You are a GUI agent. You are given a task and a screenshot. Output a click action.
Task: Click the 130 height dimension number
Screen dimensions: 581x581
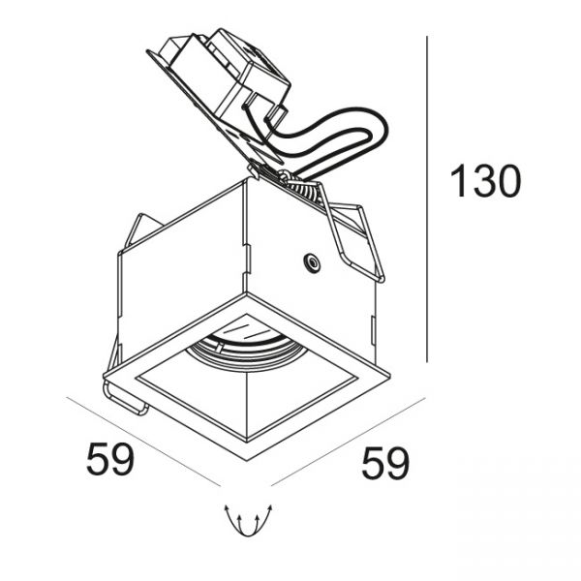pyautogui.click(x=485, y=181)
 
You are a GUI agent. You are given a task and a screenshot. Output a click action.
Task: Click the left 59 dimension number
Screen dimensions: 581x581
pyautogui.click(x=109, y=459)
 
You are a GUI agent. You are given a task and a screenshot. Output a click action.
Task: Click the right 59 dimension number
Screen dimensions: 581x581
pyautogui.click(x=385, y=463)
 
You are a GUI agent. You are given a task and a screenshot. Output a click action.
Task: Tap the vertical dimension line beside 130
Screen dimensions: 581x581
pyautogui.click(x=427, y=199)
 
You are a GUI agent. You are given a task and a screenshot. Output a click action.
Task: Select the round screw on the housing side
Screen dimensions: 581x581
pyautogui.click(x=312, y=262)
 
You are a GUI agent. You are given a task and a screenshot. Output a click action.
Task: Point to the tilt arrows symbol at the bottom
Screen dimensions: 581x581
pyautogui.click(x=248, y=519)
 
